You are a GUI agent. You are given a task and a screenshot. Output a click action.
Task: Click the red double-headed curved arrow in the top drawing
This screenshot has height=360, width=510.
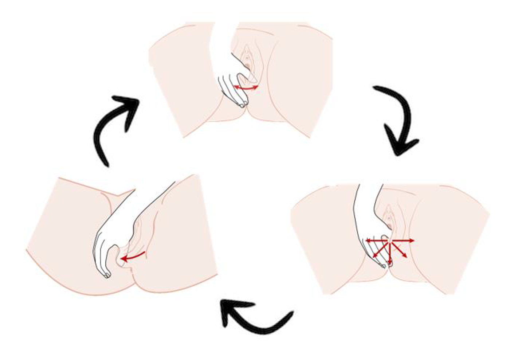pyautogui.click(x=246, y=88)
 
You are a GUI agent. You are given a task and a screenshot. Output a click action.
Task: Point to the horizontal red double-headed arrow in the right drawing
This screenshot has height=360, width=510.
pyautogui.click(x=390, y=240)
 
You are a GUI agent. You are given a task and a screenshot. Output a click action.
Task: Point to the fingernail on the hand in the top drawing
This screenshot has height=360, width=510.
pyautogui.click(x=242, y=105)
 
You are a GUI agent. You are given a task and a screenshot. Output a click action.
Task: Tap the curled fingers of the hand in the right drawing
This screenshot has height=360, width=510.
pyautogui.click(x=375, y=251)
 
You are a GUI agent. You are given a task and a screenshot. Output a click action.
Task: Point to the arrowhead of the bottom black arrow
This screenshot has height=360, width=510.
pyautogui.click(x=231, y=310)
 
